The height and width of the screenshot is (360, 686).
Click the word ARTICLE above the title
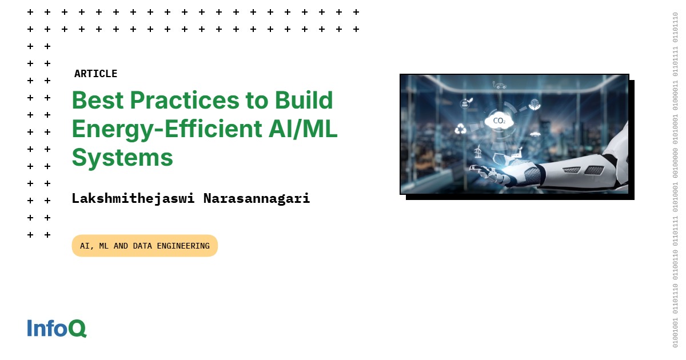pyautogui.click(x=95, y=74)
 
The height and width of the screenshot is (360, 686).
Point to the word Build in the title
pyautogui.click(x=304, y=101)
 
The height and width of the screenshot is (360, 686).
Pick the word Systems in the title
pyautogui.click(x=122, y=157)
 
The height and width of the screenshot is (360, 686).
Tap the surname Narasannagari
pyautogui.click(x=257, y=199)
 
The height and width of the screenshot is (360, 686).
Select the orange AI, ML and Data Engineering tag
pyautogui.click(x=145, y=246)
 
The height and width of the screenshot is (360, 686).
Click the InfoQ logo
pyautogui.click(x=57, y=328)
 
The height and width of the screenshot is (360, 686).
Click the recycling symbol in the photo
pyautogui.click(x=461, y=129)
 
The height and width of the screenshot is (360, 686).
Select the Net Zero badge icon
pyautogui.click(x=465, y=104)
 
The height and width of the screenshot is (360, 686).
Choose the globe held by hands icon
pyautogui.click(x=535, y=105)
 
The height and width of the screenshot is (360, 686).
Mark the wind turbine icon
pyautogui.click(x=478, y=151)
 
